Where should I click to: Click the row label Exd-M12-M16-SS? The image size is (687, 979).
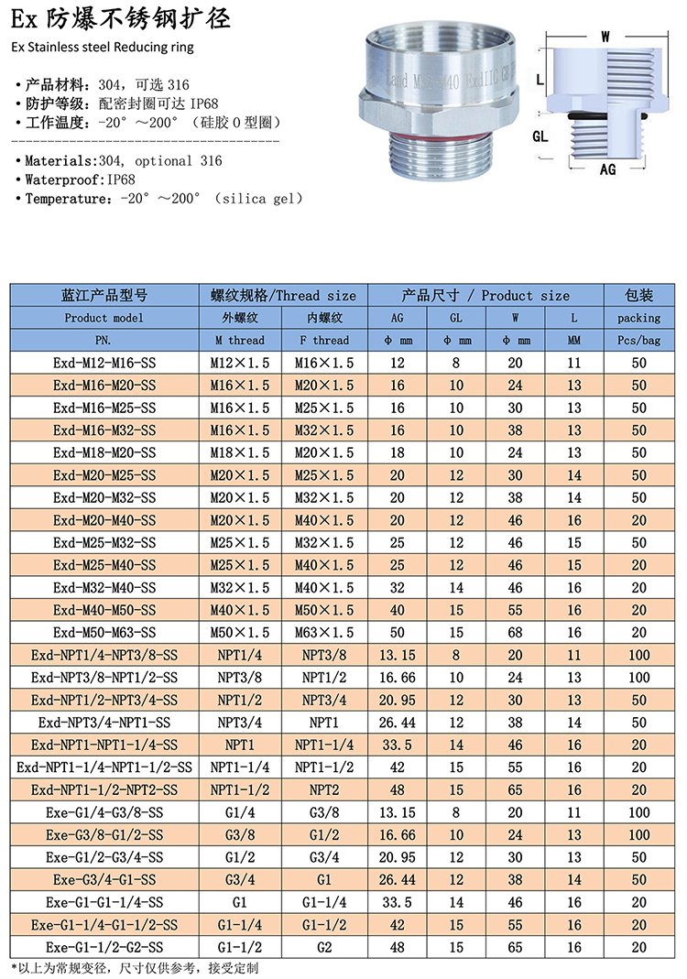coord(104,363)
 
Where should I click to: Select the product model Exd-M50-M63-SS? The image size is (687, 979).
coord(104,633)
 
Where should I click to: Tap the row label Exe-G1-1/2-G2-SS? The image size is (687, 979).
coord(104,947)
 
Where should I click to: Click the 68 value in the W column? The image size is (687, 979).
coord(516,633)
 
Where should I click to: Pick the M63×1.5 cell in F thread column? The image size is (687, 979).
coord(324,633)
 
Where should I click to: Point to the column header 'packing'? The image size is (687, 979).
coord(638,318)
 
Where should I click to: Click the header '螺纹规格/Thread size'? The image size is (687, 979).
coord(283,295)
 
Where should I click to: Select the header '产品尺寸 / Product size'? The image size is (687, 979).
coord(485,295)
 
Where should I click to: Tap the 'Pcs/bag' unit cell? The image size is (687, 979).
coord(638,340)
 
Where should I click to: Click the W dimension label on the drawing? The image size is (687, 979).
coord(605,37)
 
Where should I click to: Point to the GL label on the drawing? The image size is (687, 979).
coord(540,135)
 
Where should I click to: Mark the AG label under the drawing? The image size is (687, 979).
coord(607,169)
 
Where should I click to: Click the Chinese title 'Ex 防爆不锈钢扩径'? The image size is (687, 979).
coord(121,18)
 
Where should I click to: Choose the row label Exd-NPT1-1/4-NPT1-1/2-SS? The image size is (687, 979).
coord(104,767)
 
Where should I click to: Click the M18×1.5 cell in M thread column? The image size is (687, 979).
coord(240,452)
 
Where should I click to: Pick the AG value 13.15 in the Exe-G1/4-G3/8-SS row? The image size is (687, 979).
coord(397,812)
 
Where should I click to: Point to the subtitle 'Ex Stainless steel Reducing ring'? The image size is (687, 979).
coord(103,46)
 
